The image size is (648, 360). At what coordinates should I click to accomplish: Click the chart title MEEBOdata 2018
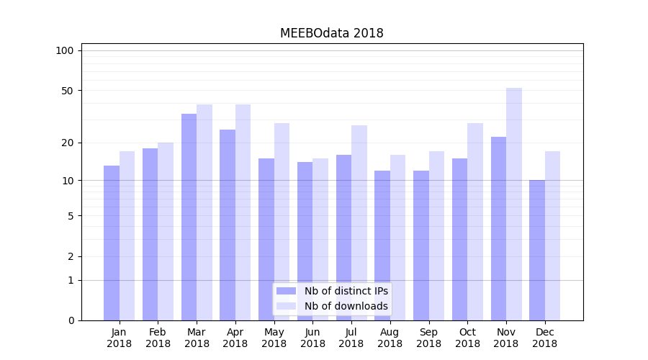pyautogui.click(x=331, y=33)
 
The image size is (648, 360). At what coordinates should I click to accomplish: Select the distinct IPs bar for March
pyautogui.click(x=189, y=216)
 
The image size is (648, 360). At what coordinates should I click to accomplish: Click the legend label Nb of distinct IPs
pyautogui.click(x=346, y=291)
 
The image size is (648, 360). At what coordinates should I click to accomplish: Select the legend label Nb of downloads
pyautogui.click(x=346, y=306)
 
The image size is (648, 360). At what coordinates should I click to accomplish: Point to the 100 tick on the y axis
pyautogui.click(x=65, y=50)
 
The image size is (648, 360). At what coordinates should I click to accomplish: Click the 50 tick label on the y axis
pyautogui.click(x=67, y=91)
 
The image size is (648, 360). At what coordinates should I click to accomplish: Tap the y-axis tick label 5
pyautogui.click(x=71, y=215)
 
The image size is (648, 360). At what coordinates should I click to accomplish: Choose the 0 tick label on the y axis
pyautogui.click(x=71, y=320)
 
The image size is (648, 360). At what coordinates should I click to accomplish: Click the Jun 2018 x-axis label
pyautogui.click(x=312, y=338)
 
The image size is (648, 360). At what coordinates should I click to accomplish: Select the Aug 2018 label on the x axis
pyautogui.click(x=390, y=338)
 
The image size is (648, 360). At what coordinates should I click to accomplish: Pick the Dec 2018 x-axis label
pyautogui.click(x=544, y=338)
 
